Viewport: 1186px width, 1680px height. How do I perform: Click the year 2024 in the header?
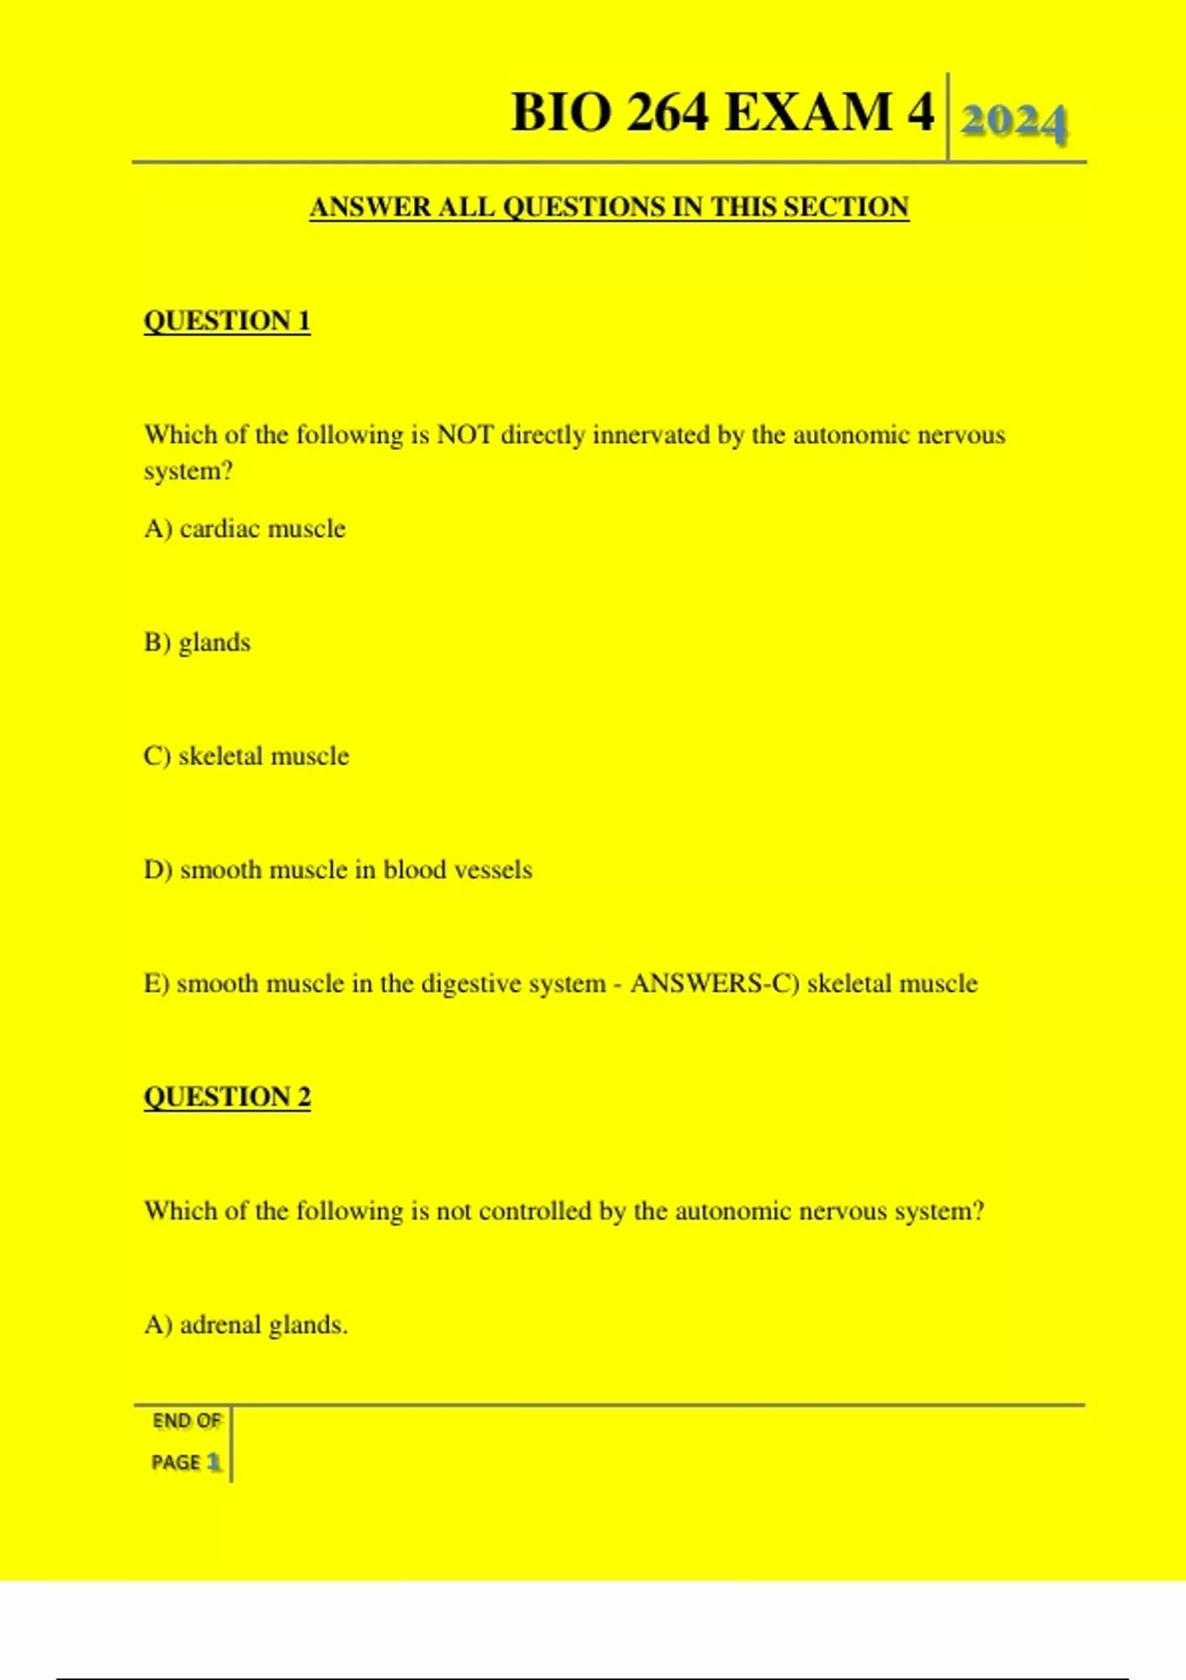pos(1013,123)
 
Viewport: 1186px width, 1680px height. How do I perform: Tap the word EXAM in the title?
pos(809,112)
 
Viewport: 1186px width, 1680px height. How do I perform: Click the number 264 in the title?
pos(666,112)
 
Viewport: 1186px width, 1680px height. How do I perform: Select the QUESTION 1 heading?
pos(227,321)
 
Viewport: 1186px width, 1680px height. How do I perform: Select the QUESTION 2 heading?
pos(227,1097)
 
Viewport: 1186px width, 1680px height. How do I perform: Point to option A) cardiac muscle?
pos(245,529)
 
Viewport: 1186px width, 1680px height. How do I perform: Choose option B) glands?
pos(198,642)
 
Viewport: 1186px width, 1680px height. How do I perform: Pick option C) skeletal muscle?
pos(246,756)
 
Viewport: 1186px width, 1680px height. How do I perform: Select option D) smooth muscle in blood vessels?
pos(338,870)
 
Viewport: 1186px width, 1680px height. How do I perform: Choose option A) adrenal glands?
pos(246,1324)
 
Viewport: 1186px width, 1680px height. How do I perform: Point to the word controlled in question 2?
pos(534,1211)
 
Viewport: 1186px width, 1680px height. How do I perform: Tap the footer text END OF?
pos(186,1421)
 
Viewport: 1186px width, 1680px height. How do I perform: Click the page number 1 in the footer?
pos(213,1462)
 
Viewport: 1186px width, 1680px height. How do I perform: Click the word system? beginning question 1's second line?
pos(188,471)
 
